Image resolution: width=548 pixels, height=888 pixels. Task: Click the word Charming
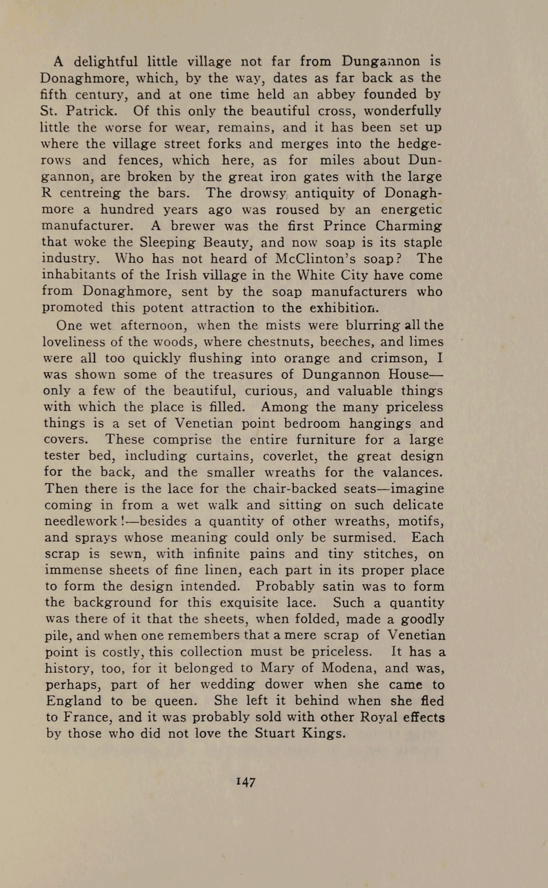click(x=408, y=226)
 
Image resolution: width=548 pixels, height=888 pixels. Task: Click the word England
click(x=73, y=701)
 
